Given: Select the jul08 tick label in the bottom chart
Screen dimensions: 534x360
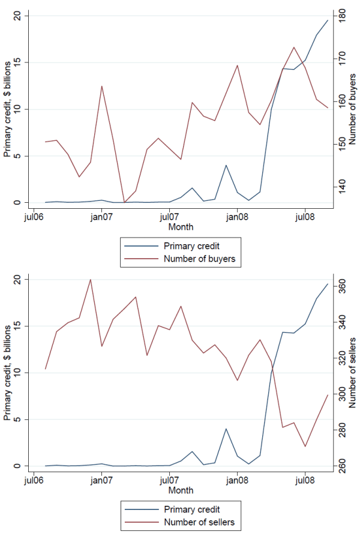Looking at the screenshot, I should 305,480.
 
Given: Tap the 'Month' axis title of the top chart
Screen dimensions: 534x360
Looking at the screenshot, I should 181,227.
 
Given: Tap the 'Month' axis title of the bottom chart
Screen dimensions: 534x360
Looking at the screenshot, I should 181,491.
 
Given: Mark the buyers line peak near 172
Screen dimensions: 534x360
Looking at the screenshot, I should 294,47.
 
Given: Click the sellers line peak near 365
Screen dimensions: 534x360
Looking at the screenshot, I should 91,280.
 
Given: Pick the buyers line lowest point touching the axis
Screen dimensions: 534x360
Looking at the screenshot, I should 124,202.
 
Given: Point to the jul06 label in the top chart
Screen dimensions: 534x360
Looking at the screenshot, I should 34,216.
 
